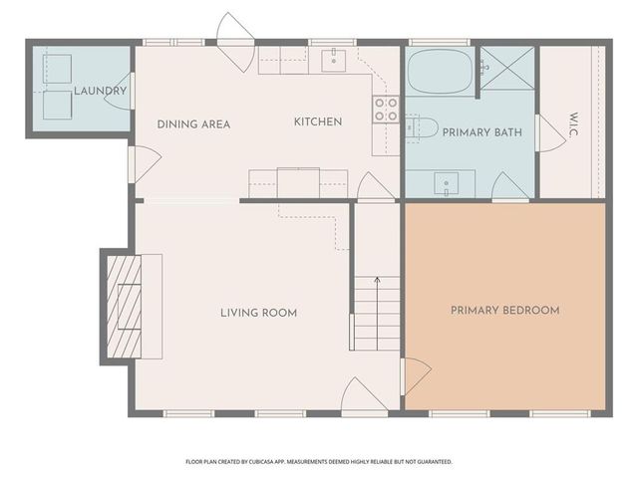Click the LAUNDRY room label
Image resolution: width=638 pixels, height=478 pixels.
click(100, 92)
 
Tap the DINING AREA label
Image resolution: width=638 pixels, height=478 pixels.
click(193, 124)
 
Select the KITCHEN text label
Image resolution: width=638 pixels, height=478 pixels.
click(317, 122)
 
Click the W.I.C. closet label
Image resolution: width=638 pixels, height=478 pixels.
click(572, 123)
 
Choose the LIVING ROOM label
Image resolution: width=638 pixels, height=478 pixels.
click(258, 313)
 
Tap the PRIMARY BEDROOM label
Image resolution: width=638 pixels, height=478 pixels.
click(504, 311)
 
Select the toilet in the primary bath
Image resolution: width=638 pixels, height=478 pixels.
click(424, 126)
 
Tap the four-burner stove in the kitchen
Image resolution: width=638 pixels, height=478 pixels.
click(385, 109)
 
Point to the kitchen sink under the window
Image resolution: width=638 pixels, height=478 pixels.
click(332, 61)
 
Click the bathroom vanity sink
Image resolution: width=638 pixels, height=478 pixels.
click(446, 182)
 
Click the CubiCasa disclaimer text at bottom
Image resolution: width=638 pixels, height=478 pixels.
click(319, 462)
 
